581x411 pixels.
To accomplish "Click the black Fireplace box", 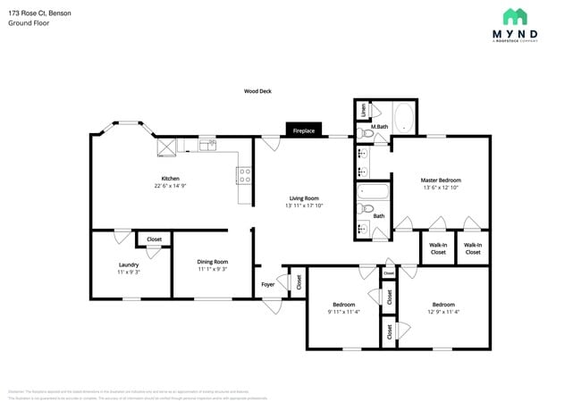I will (304, 130).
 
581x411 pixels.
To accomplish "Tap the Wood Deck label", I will (257, 91).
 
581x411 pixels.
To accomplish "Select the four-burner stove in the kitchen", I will (243, 175).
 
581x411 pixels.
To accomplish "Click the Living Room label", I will (304, 197).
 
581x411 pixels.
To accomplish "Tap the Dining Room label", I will (213, 262).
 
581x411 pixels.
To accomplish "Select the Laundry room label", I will (129, 264).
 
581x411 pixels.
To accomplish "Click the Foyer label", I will (268, 284).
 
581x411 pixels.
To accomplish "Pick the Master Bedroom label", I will (441, 180).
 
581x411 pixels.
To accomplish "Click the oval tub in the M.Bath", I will (401, 118).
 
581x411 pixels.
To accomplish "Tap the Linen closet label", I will (363, 111).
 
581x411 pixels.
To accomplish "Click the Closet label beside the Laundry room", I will (154, 239).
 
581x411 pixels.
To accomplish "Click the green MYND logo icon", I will (515, 16).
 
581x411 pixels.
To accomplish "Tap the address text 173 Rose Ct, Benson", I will (40, 13).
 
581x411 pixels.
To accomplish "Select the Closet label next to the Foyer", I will (299, 283).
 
